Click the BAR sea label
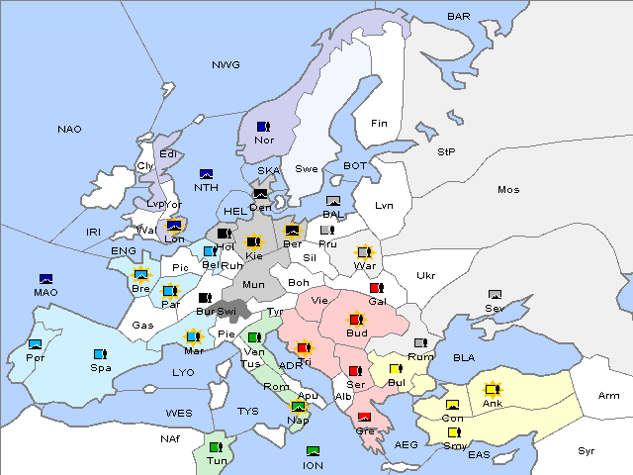click(458, 17)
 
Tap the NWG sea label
click(226, 65)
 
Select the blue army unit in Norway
click(263, 127)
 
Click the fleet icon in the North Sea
click(207, 174)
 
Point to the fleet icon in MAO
click(45, 279)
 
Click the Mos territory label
click(508, 189)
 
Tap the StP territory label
click(446, 152)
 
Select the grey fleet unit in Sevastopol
click(496, 295)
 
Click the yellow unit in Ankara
click(493, 389)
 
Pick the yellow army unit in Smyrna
click(453, 432)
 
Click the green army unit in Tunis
click(215, 447)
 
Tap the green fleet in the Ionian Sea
click(313, 451)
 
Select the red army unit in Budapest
click(356, 320)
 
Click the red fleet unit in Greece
click(364, 417)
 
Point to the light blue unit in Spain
click(99, 353)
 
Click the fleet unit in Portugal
click(36, 344)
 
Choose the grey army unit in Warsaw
click(364, 252)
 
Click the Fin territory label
click(378, 124)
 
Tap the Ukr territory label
click(425, 275)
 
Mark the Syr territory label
click(587, 450)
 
